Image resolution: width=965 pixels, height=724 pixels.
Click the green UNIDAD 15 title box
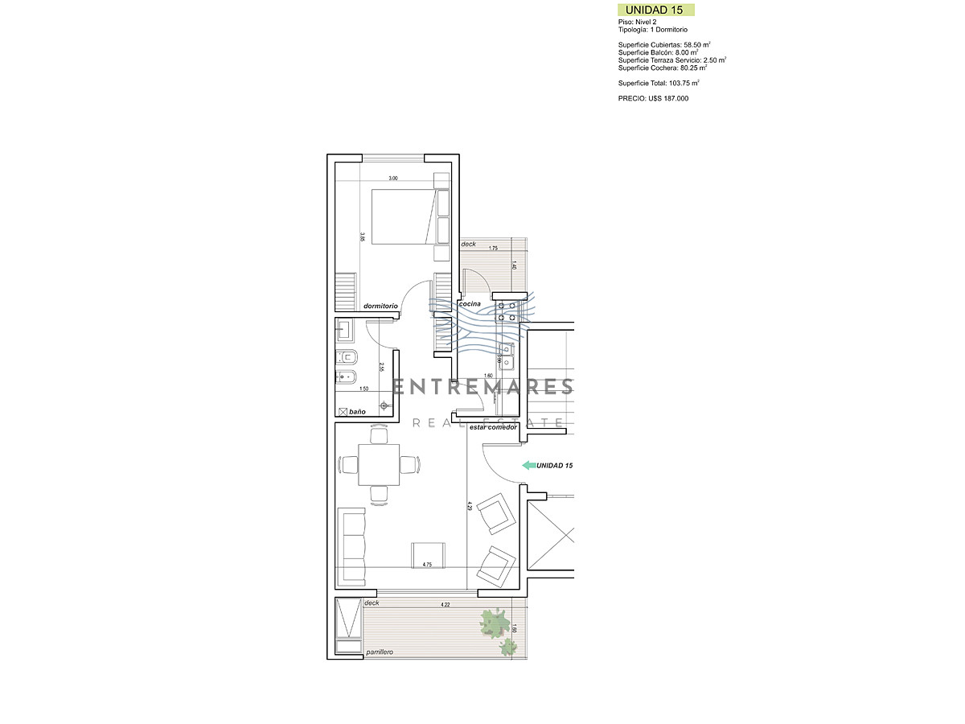[x=655, y=10]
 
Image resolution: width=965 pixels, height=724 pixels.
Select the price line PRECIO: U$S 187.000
[x=653, y=98]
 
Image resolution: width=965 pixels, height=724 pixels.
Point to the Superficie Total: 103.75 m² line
[x=659, y=83]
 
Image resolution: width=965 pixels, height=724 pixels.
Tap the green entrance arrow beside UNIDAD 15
[x=528, y=465]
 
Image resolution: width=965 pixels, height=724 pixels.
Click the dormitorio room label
[x=380, y=306]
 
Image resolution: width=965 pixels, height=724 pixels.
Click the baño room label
[x=356, y=411]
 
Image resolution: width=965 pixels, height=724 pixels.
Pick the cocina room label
[x=470, y=303]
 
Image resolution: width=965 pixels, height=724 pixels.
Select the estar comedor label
[x=492, y=427]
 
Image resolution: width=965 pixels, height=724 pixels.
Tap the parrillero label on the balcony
[x=378, y=652]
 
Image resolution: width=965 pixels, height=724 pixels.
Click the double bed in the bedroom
[x=402, y=216]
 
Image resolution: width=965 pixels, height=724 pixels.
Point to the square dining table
[x=379, y=464]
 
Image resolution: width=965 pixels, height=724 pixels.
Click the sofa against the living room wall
[x=351, y=547]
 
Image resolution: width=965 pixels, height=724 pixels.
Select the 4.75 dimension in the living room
[x=427, y=565]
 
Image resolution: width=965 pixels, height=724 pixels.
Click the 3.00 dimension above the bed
[x=393, y=179]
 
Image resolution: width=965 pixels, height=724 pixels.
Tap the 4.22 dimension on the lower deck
[x=445, y=604]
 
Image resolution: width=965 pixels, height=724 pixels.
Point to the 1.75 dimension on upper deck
[x=494, y=249]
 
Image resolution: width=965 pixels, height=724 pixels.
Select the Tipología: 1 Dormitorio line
[x=653, y=30]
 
